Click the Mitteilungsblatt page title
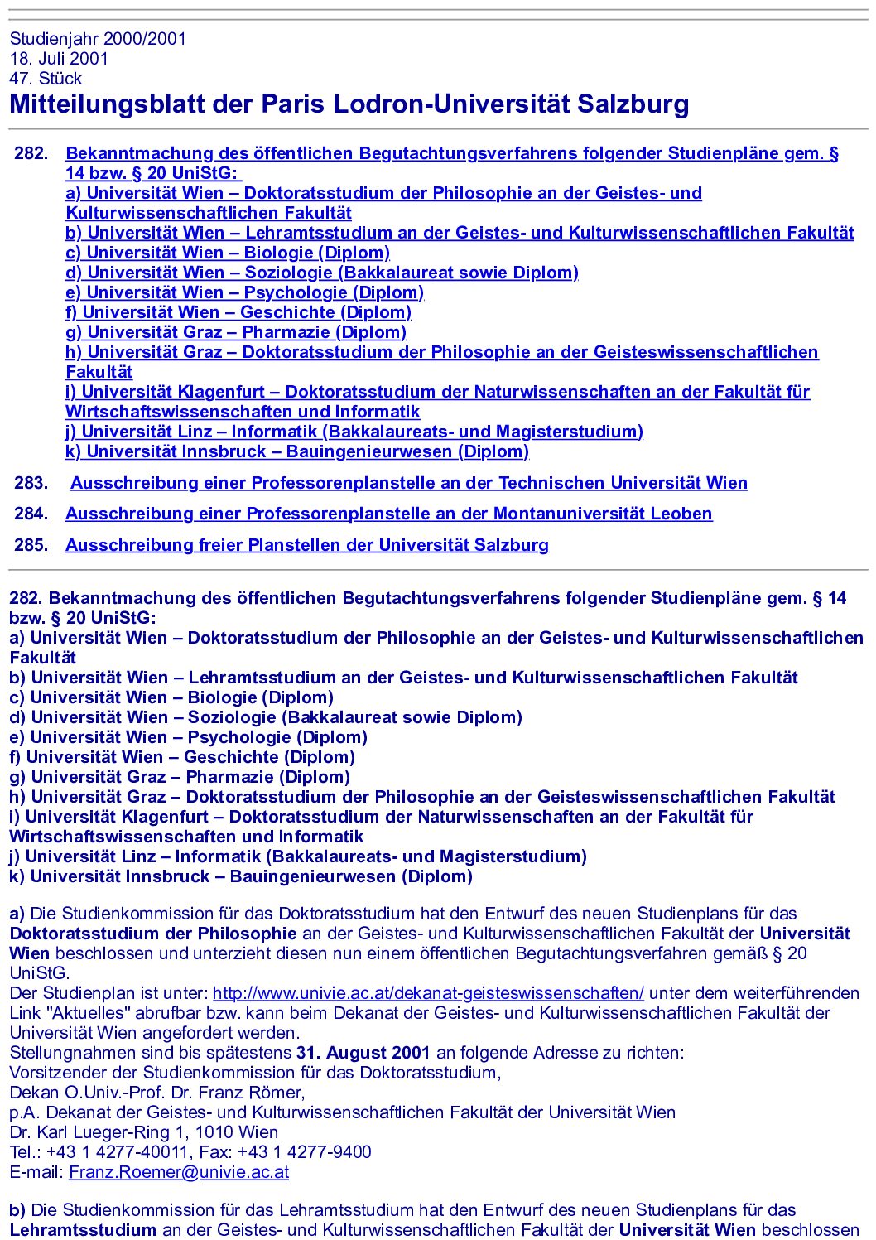(349, 104)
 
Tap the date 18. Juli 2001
(59, 59)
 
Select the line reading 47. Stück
(46, 79)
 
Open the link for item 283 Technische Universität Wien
(409, 483)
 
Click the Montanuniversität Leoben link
(388, 514)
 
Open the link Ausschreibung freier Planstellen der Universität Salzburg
(306, 545)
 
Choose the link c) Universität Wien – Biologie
(228, 253)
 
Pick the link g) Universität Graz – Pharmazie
(236, 332)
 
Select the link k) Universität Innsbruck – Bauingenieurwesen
(296, 451)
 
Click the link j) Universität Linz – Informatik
(354, 432)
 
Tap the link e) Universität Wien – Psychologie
(244, 292)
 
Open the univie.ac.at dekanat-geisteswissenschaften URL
(428, 993)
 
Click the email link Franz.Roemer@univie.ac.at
(179, 1172)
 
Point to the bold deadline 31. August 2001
(363, 1053)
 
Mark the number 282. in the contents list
(31, 153)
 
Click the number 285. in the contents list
(31, 545)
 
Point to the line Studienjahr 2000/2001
(98, 39)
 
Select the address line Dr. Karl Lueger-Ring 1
(144, 1132)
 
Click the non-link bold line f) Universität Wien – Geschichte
(182, 757)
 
